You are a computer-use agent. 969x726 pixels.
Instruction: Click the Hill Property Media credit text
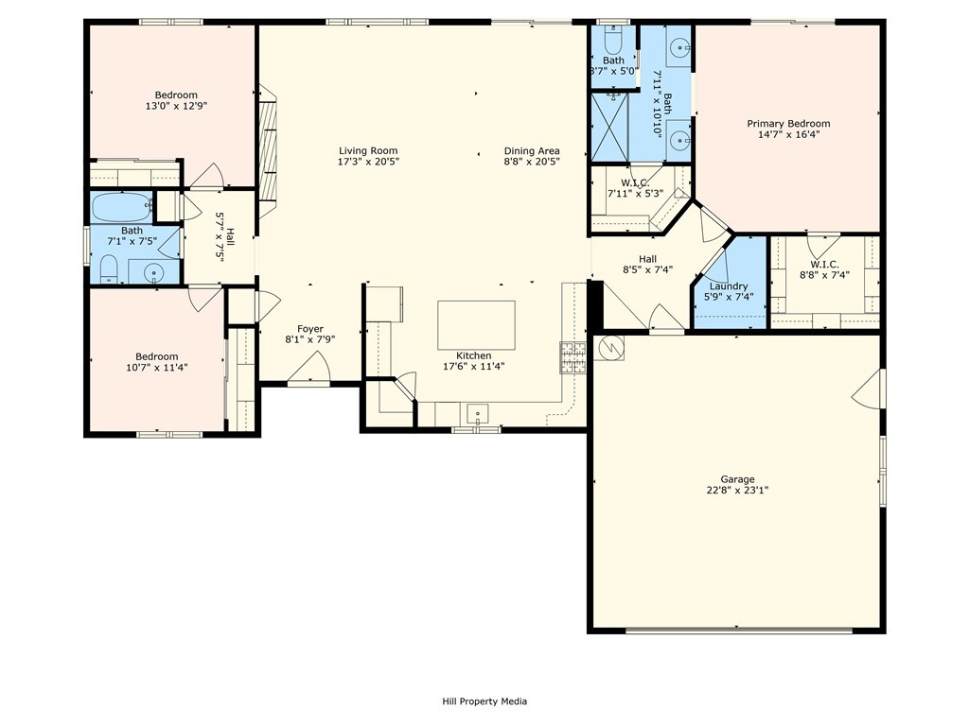pos(484,701)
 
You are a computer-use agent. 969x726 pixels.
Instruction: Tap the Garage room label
pos(737,479)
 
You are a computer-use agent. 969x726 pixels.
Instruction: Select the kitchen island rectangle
pos(476,325)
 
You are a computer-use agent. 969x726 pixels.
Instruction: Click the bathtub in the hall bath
pos(122,206)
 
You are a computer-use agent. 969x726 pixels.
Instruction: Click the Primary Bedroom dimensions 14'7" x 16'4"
pos(787,134)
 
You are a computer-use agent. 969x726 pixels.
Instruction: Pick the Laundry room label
pos(728,286)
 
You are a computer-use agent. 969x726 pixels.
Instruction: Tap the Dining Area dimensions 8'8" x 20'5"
pos(531,162)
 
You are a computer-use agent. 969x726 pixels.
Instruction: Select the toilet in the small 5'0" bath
pos(610,42)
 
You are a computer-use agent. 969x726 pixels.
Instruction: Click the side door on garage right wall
pos(872,389)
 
